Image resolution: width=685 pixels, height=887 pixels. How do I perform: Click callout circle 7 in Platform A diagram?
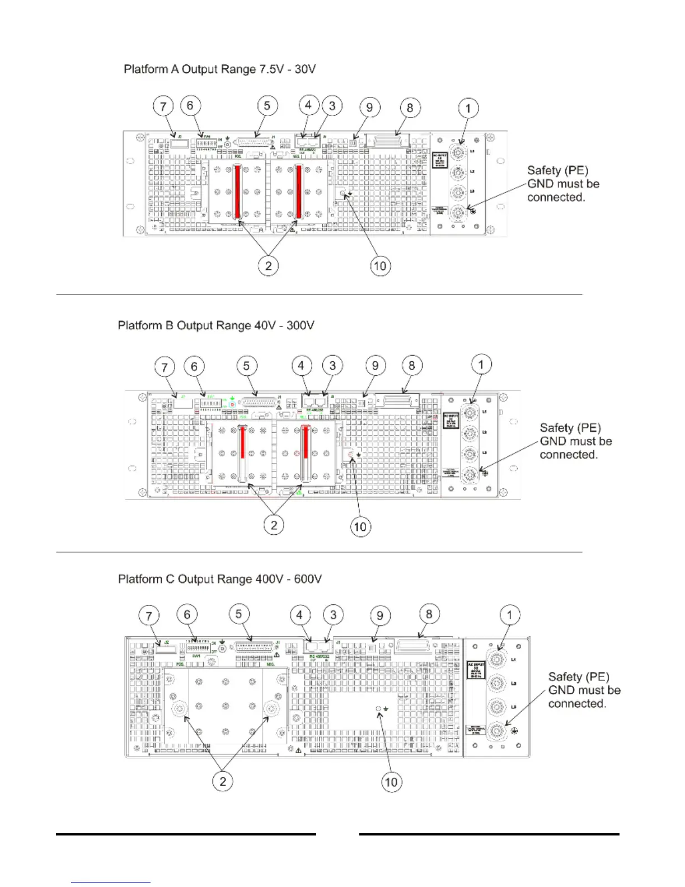pyautogui.click(x=163, y=106)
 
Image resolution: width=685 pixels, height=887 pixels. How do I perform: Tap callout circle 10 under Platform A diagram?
pyautogui.click(x=380, y=265)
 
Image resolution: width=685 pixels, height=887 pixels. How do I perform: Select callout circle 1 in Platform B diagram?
pyautogui.click(x=481, y=365)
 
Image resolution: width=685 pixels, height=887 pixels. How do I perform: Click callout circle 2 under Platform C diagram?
pyautogui.click(x=223, y=781)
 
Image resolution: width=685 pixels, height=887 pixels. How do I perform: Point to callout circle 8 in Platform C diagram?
pyautogui.click(x=429, y=614)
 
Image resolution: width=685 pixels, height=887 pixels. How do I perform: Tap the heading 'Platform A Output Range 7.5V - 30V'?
pyautogui.click(x=219, y=69)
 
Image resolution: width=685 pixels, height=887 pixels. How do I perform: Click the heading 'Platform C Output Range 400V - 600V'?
pyautogui.click(x=219, y=579)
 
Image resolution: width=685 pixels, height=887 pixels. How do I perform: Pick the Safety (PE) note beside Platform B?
pyautogui.click(x=575, y=441)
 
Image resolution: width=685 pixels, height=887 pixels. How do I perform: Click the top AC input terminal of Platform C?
pyautogui.click(x=496, y=660)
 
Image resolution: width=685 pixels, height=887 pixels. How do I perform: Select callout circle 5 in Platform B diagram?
pyautogui.click(x=246, y=366)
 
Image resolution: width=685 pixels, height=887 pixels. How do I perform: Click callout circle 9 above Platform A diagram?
pyautogui.click(x=369, y=107)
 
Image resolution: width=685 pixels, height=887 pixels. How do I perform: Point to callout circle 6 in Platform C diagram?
pyautogui.click(x=187, y=614)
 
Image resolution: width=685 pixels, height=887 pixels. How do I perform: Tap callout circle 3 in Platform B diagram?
pyautogui.click(x=332, y=366)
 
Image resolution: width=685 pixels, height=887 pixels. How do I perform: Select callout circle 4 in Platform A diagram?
pyautogui.click(x=308, y=105)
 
